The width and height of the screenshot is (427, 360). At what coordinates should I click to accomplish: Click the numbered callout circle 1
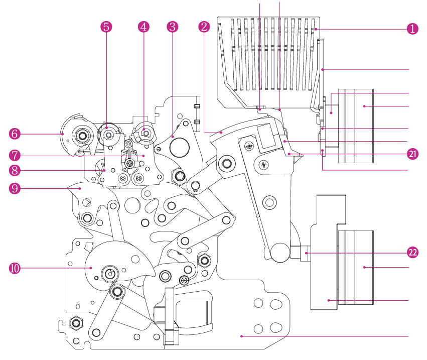click(x=412, y=29)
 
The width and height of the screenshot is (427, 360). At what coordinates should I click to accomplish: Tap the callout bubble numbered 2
click(x=204, y=27)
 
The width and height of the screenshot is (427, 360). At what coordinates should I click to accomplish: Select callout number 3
click(x=173, y=27)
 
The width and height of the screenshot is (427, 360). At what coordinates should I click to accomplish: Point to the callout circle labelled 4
click(x=144, y=27)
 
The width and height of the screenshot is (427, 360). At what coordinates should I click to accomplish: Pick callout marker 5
click(x=106, y=27)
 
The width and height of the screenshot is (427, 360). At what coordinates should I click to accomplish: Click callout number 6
click(x=15, y=134)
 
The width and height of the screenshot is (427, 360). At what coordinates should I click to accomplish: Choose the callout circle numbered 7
click(x=15, y=155)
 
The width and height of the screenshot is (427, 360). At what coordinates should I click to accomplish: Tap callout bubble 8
click(x=15, y=171)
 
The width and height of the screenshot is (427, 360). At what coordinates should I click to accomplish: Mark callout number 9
click(x=15, y=188)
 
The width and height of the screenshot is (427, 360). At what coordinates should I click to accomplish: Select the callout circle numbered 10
click(x=15, y=268)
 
